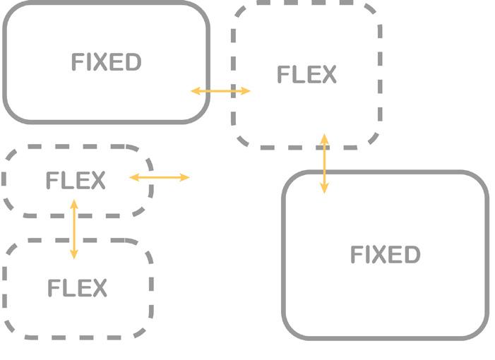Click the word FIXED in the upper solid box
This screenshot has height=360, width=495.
[106, 62]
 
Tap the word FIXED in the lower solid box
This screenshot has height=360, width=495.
[385, 254]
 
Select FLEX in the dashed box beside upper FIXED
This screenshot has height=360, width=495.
[306, 75]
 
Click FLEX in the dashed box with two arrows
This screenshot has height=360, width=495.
[76, 181]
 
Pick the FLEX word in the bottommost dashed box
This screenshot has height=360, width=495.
[77, 288]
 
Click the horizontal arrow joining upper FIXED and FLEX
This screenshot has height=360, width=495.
[221, 91]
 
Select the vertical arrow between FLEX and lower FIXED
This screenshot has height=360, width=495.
[324, 163]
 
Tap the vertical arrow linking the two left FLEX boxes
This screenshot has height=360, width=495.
[74, 229]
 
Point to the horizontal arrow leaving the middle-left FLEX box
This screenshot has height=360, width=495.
[160, 177]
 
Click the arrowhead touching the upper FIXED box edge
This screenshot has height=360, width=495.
[196, 91]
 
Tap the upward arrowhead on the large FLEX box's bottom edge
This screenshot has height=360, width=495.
[324, 138]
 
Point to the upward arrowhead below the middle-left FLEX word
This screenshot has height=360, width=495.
[74, 204]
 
